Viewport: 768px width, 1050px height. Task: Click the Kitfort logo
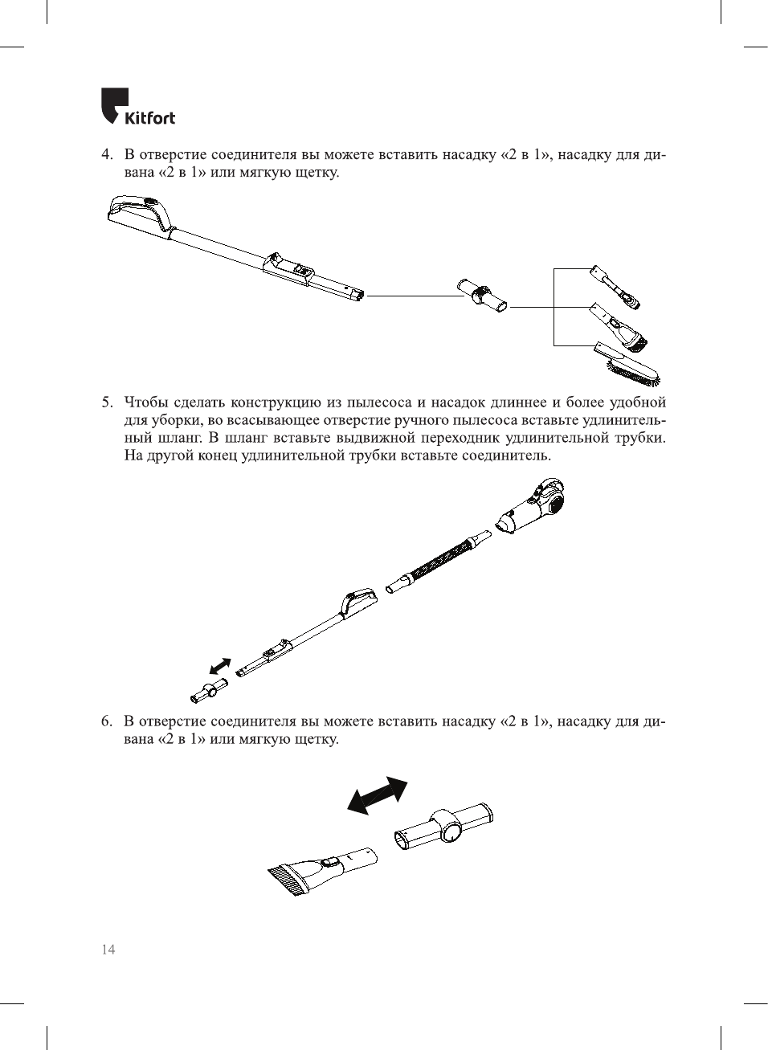(x=137, y=107)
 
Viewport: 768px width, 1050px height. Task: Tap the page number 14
(x=108, y=949)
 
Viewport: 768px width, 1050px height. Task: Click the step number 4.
(x=106, y=154)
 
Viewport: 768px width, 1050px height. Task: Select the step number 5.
(x=106, y=402)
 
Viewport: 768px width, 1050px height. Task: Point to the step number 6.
(x=106, y=721)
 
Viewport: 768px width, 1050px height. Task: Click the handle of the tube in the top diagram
(x=141, y=211)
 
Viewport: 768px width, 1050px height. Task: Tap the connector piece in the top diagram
(x=482, y=295)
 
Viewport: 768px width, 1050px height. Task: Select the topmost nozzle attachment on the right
(x=615, y=287)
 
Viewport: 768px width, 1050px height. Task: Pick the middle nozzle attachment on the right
(x=619, y=328)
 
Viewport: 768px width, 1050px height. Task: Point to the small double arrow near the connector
(x=219, y=667)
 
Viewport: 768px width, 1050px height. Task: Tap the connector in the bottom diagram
(x=443, y=825)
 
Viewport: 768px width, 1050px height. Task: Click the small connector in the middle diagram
(x=209, y=689)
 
